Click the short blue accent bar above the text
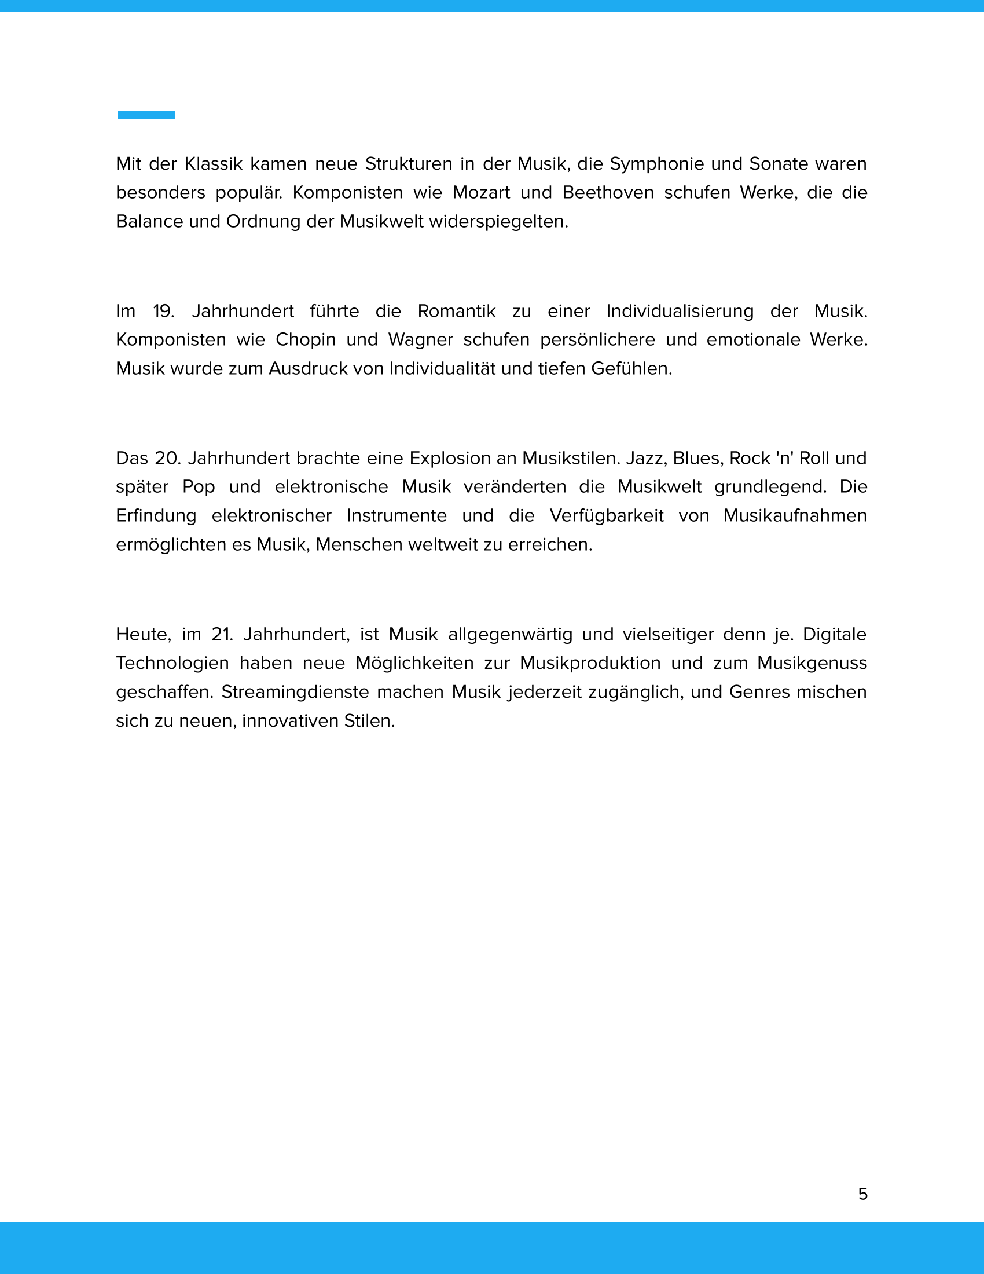pos(146,114)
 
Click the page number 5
pos(863,1194)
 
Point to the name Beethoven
pos(608,192)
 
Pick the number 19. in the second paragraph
pos(164,311)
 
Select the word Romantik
pos(457,311)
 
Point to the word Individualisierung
pos(680,311)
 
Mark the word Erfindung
pos(156,515)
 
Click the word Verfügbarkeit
pos(606,515)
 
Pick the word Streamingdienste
pos(295,692)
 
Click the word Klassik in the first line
pos(214,164)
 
